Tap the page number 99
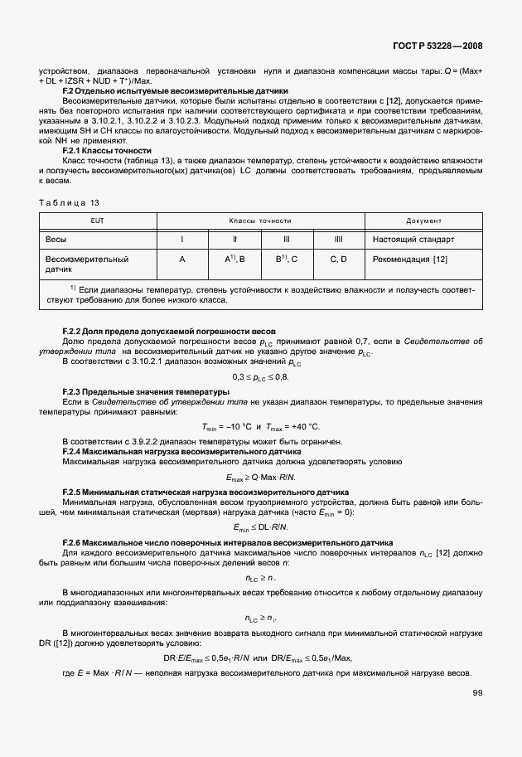coord(478,693)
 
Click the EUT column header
coord(98,221)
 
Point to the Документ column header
coord(423,221)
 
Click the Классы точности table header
coord(260,221)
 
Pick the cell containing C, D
coord(338,260)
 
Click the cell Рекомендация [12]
coord(411,260)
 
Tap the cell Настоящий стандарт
coord(414,240)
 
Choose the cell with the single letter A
coord(181,260)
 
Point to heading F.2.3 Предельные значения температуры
coord(138,391)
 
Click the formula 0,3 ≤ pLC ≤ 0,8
coord(260,377)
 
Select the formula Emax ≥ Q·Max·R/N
coord(260,478)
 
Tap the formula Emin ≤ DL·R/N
coord(260,527)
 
